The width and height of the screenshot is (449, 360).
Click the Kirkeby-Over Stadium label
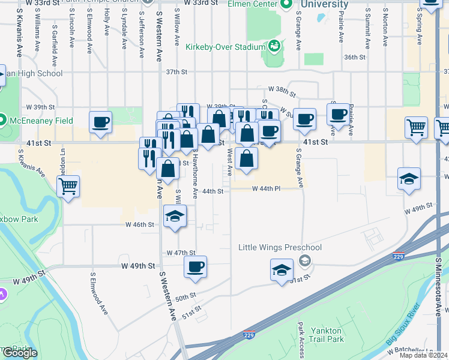click(225, 47)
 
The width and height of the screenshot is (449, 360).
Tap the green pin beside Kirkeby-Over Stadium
click(274, 46)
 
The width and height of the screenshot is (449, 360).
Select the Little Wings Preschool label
click(280, 248)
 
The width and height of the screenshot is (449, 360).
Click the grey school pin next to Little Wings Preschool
click(305, 260)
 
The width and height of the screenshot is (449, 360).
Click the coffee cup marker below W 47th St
click(194, 267)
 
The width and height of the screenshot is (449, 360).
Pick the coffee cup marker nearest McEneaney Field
click(100, 122)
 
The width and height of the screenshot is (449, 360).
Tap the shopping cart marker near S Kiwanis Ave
click(68, 185)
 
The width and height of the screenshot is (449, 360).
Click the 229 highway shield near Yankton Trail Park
click(249, 335)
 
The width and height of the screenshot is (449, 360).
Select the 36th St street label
click(354, 58)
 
